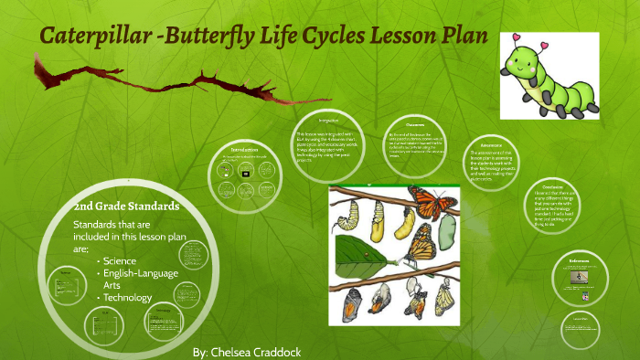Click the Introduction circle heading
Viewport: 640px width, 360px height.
pyautogui.click(x=244, y=150)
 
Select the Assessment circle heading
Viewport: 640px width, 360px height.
pyautogui.click(x=490, y=144)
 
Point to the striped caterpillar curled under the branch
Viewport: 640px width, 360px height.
pyautogui.click(x=348, y=213)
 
